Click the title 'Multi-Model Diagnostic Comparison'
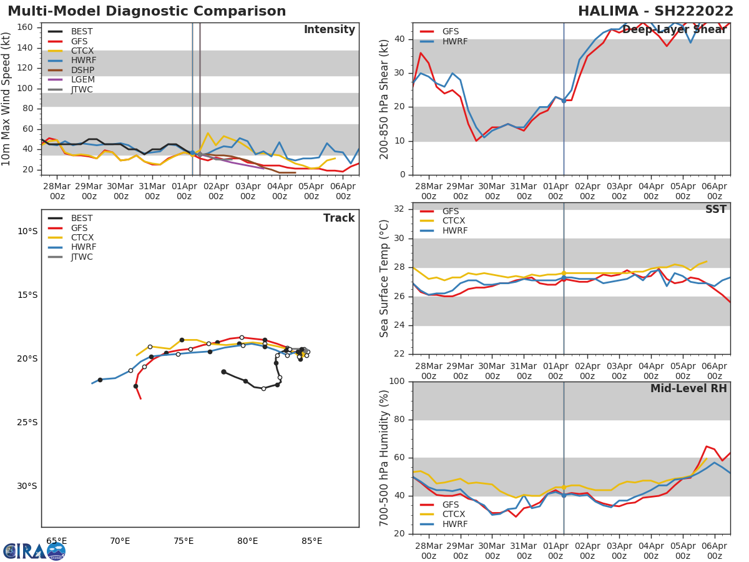(147, 11)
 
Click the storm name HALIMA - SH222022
(655, 11)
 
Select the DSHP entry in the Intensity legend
(82, 69)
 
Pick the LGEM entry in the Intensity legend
(82, 79)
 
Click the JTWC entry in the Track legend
(82, 257)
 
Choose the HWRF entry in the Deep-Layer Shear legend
(454, 41)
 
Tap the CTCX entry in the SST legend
(454, 221)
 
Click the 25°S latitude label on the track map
(27, 422)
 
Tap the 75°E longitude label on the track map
(184, 541)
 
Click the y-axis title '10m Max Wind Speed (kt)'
(7, 99)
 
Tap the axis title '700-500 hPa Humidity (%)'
(384, 457)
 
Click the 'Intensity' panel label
(329, 30)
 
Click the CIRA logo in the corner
(34, 551)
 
